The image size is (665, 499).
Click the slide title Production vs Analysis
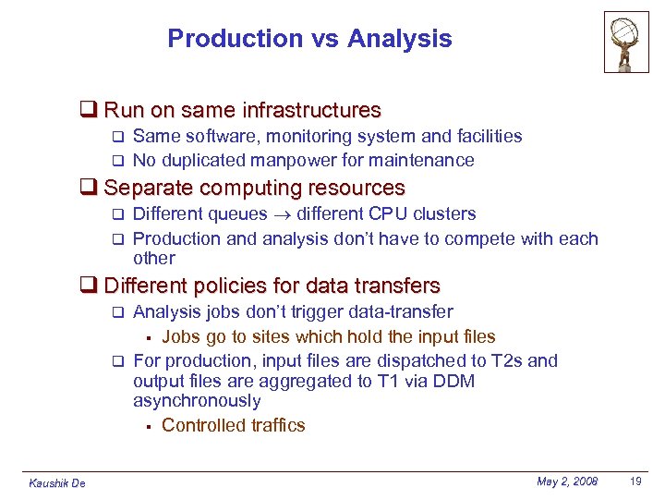[x=309, y=39]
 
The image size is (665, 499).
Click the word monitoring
[x=311, y=137]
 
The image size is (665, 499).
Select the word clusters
[x=444, y=214]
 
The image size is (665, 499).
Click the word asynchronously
[x=197, y=401]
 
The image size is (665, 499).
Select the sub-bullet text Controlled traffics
[x=233, y=425]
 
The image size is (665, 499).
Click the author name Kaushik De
[x=57, y=483]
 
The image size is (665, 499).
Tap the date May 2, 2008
[x=566, y=481]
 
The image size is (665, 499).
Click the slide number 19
[x=635, y=481]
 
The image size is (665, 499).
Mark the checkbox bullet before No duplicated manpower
[x=117, y=161]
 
